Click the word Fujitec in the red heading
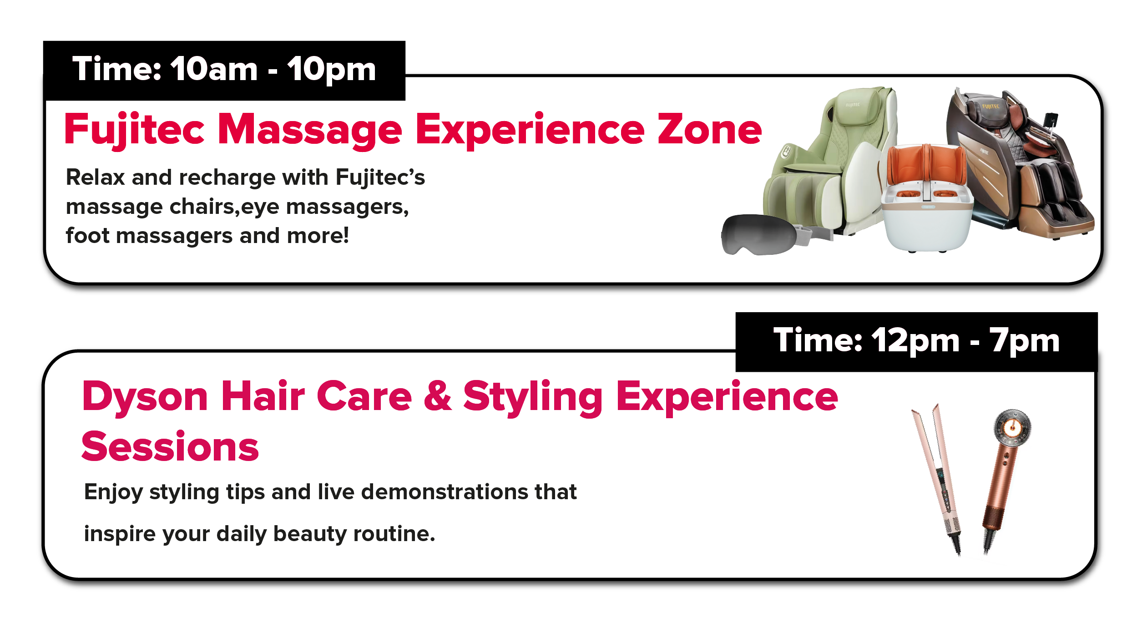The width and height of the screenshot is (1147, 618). point(135,130)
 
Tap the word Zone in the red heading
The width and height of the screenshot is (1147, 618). point(710,130)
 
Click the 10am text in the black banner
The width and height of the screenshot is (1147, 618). point(214,69)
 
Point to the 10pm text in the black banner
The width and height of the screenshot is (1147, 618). point(332,70)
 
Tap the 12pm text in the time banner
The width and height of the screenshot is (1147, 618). point(916,341)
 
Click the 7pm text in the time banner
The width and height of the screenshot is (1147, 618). point(1025,341)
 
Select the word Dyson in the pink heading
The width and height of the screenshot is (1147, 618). point(145,397)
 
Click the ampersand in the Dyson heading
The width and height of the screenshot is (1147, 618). point(438,396)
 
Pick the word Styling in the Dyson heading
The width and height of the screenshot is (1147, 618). point(533,397)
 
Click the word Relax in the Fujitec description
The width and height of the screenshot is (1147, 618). point(96,177)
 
